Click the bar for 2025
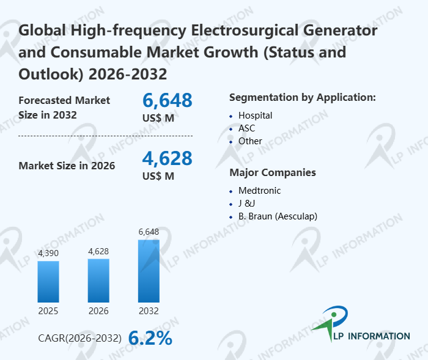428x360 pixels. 48,281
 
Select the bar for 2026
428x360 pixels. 98,280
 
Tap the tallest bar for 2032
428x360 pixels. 149,271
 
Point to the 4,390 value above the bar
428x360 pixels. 48,253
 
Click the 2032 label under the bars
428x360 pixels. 149,311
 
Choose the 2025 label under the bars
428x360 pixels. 48,311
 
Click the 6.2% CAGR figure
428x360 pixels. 150,338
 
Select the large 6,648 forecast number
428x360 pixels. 167,100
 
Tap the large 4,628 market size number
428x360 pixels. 167,158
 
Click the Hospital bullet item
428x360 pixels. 255,115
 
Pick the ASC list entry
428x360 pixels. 246,128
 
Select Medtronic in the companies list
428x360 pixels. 259,190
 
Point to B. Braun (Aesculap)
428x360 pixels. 278,216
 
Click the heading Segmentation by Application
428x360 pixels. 302,97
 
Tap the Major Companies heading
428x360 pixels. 273,172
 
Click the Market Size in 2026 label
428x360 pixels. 67,165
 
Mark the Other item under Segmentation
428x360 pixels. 250,141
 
